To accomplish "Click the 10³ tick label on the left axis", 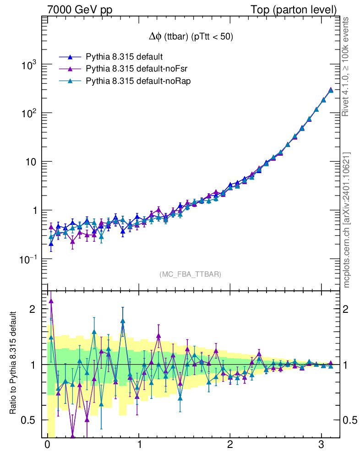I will click(x=28, y=65).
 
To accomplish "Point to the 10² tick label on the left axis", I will click(x=28, y=114).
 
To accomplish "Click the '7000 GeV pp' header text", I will click(x=76, y=9).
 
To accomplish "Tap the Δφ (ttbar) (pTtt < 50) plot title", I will click(x=189, y=37).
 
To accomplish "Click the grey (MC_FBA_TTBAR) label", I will click(x=191, y=274).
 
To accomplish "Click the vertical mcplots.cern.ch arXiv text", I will click(x=347, y=220).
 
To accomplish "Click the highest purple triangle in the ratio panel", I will click(x=51, y=301).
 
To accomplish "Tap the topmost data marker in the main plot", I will click(x=331, y=90).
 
